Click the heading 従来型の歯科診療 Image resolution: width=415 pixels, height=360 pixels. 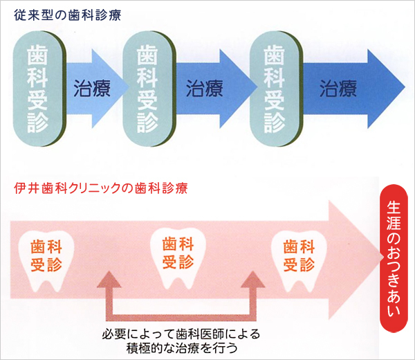[68, 15]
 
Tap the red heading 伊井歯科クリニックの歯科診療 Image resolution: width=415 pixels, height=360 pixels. [101, 188]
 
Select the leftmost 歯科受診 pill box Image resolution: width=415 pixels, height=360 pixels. [39, 89]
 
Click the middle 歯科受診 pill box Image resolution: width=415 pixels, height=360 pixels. [149, 89]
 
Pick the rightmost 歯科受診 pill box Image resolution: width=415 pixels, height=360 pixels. [276, 89]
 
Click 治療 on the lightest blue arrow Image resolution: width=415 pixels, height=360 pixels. [92, 88]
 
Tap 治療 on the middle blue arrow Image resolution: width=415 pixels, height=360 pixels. [204, 88]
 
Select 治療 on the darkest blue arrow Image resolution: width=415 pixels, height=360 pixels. [338, 88]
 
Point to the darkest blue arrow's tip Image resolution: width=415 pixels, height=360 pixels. [405, 87]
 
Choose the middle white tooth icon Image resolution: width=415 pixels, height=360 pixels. [178, 256]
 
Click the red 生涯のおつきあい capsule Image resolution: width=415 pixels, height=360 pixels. [394, 258]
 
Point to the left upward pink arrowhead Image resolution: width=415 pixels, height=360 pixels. [109, 279]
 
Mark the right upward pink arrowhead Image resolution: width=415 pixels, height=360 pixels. [253, 279]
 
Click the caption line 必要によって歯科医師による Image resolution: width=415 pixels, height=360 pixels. [181, 334]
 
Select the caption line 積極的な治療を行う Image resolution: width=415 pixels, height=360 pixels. [182, 348]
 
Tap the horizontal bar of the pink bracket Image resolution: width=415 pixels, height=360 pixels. [181, 318]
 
